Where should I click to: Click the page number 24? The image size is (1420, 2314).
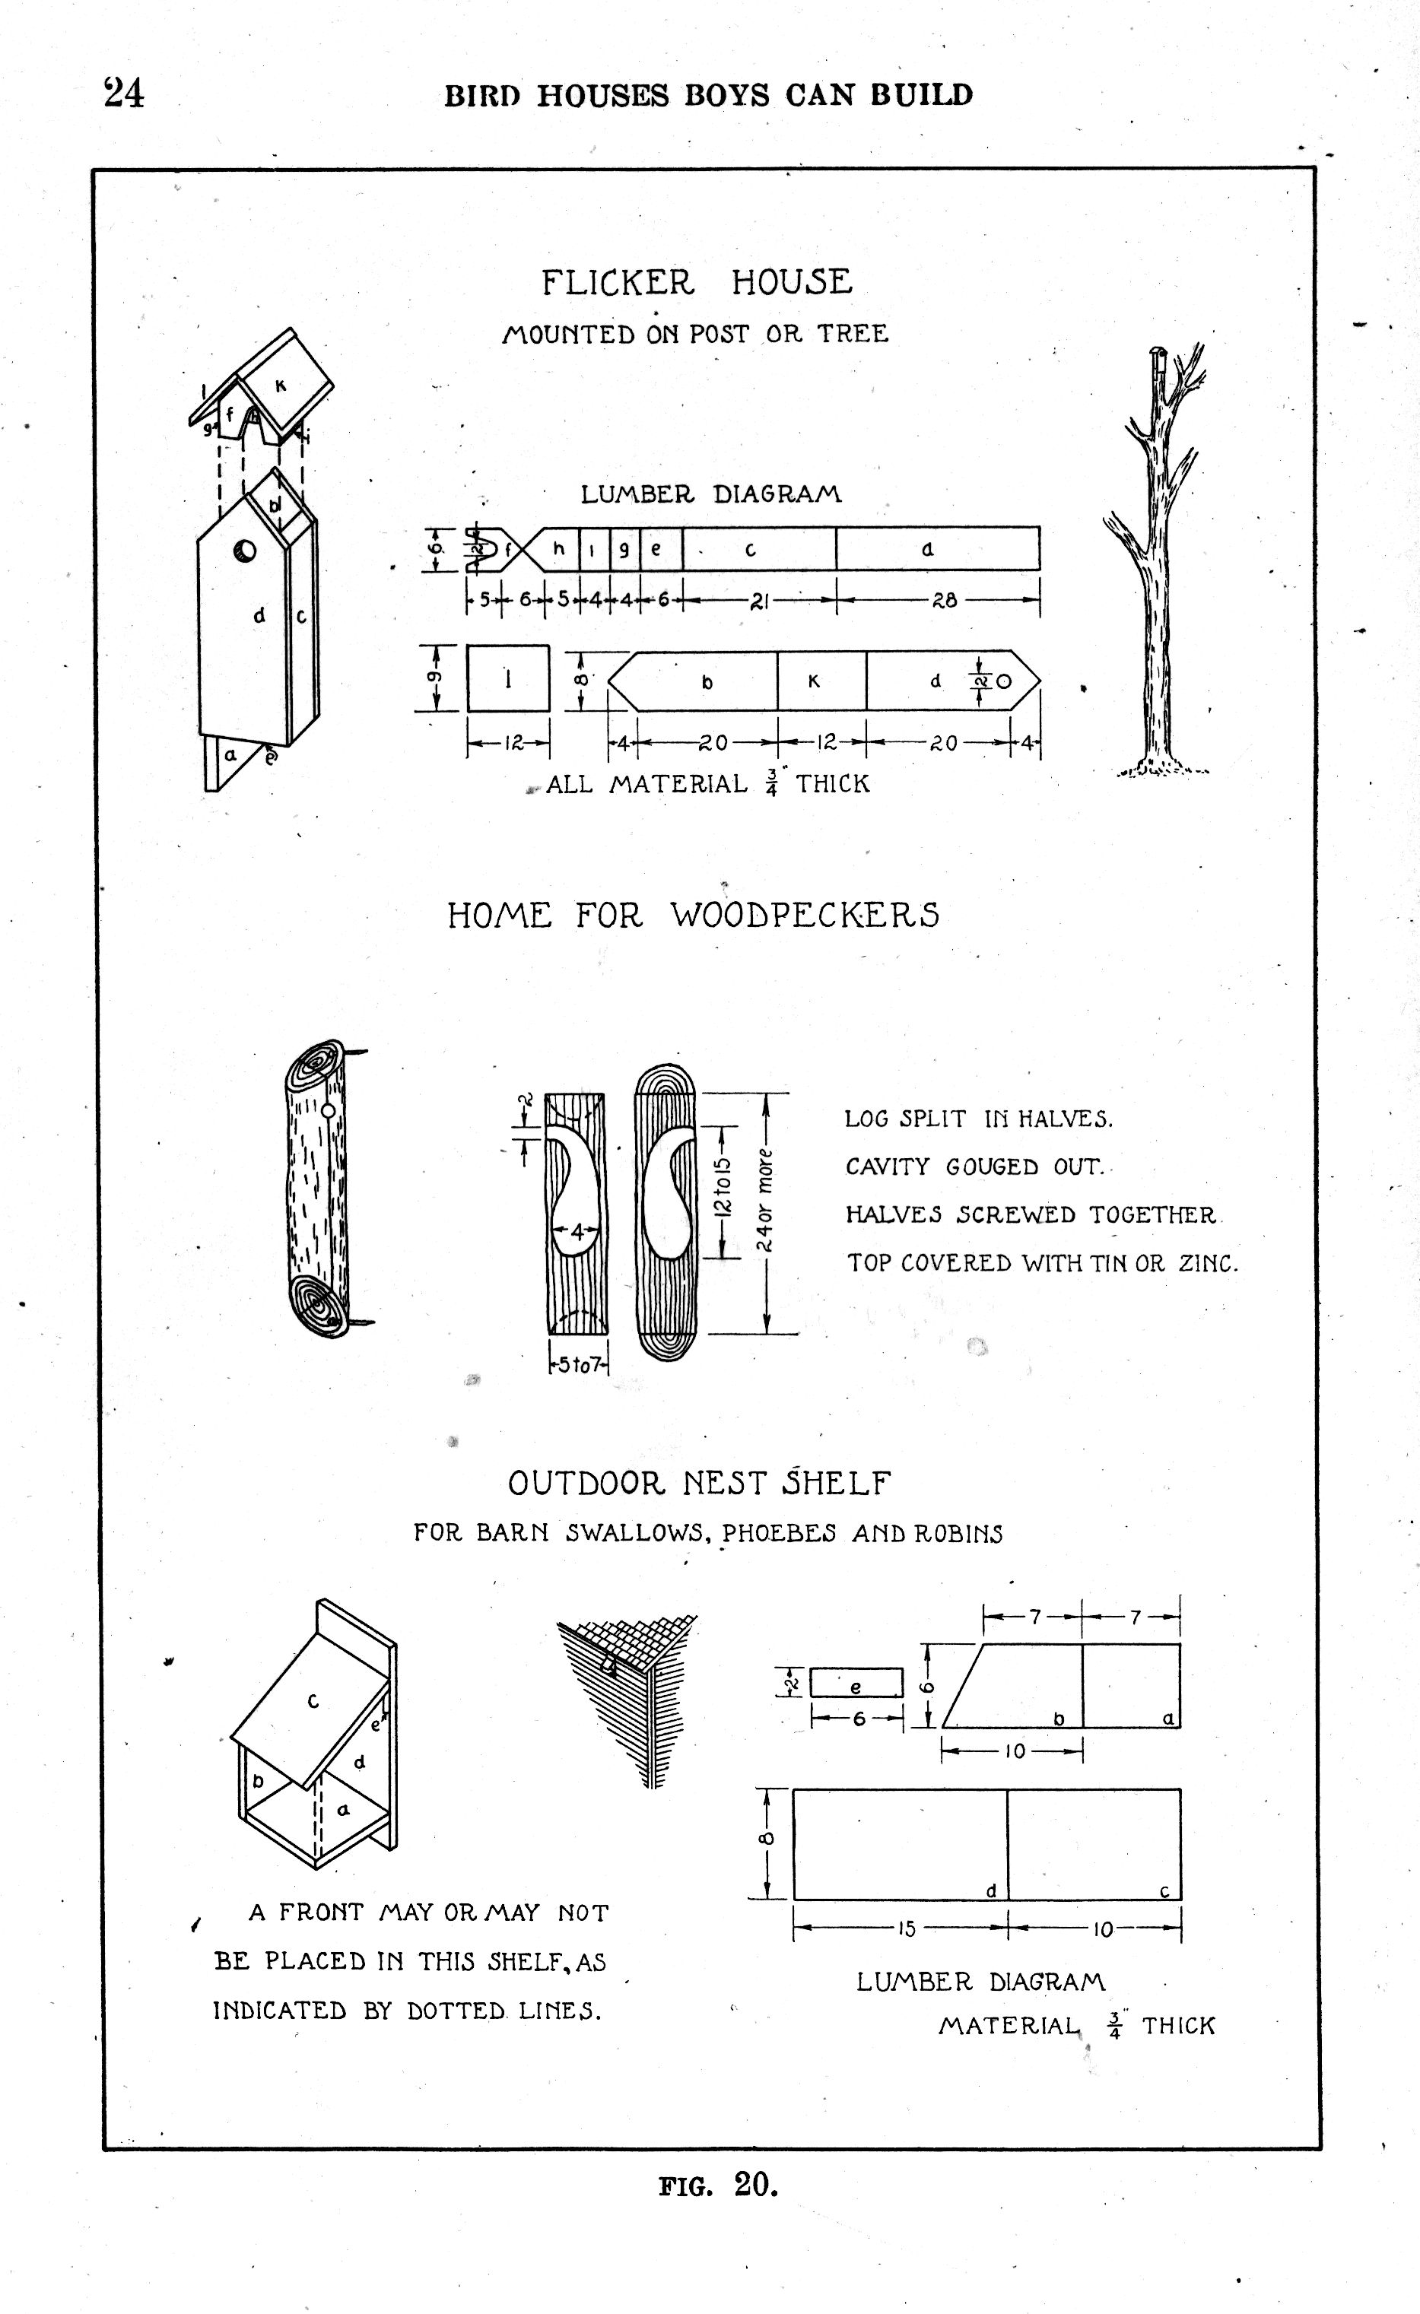coord(124,94)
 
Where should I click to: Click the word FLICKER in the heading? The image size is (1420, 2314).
coord(617,283)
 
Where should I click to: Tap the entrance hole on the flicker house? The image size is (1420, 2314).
coord(244,551)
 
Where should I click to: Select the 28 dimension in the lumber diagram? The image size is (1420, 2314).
coord(944,601)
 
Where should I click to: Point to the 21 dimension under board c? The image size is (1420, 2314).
coord(759,602)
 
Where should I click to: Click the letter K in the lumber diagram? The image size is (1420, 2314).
coord(815,683)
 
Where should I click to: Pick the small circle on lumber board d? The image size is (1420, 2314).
coord(1003,682)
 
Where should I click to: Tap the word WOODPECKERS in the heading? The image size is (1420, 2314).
coord(805,916)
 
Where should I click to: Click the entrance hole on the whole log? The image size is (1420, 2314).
coord(328,1111)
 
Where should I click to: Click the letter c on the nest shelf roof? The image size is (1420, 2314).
coord(313,1701)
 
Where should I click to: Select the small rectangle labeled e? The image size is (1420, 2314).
coord(856,1683)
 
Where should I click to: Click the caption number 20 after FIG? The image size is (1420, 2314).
coord(756,2185)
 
